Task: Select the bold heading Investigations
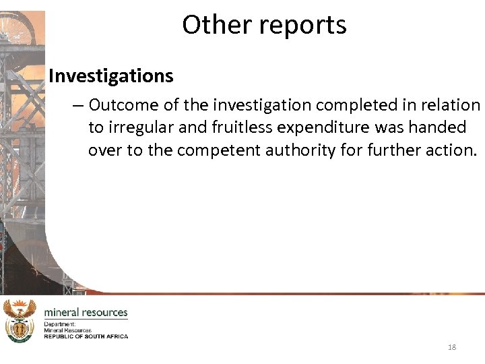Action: click(111, 76)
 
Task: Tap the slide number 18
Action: click(451, 347)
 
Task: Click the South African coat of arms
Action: click(19, 321)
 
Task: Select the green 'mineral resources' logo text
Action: click(86, 313)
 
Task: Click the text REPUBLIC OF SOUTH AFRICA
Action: click(86, 336)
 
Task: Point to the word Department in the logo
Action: click(61, 324)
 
